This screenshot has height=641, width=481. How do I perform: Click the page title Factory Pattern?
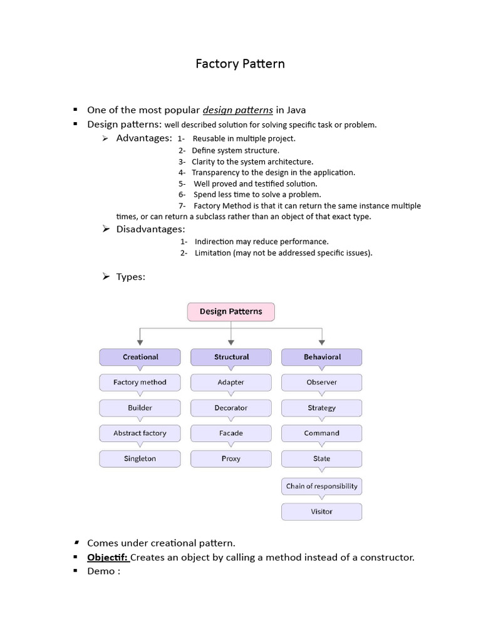[x=240, y=64]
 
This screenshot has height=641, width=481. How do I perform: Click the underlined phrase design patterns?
[x=237, y=110]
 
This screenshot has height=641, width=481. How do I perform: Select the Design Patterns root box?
[x=230, y=312]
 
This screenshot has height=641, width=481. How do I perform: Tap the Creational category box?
[x=140, y=357]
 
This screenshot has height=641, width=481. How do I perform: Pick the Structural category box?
[x=231, y=357]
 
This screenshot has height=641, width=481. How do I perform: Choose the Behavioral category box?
[x=322, y=357]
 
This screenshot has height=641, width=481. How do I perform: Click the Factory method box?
[x=140, y=382]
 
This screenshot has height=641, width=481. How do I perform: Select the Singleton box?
[x=140, y=459]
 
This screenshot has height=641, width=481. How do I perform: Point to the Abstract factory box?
[x=140, y=433]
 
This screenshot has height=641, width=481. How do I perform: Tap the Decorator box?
[x=231, y=408]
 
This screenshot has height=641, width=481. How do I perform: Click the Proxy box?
[x=231, y=459]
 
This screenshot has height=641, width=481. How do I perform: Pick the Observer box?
[x=322, y=382]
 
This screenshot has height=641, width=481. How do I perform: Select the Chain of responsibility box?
[x=322, y=486]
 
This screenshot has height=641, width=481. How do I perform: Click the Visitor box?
[x=322, y=511]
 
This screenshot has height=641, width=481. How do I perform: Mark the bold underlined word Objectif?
[x=108, y=557]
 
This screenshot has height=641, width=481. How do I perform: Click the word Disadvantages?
[x=150, y=229]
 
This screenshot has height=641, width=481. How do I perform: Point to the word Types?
[x=130, y=277]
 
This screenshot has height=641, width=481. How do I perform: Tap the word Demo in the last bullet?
[x=101, y=571]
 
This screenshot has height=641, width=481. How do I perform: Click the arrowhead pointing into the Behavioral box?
[x=322, y=342]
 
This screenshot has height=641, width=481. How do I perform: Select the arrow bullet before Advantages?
[x=106, y=138]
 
